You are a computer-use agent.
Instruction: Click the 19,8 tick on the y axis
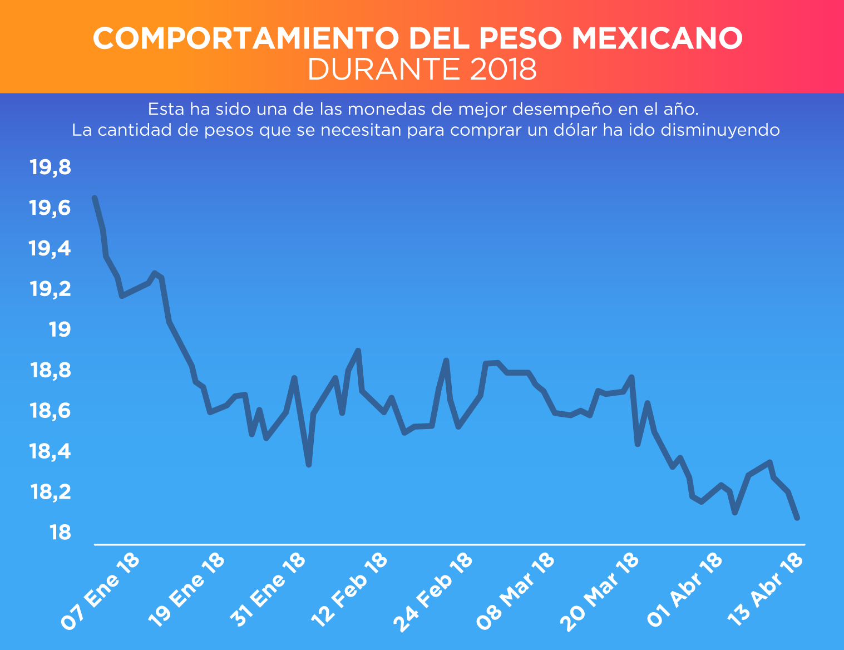pos(51,168)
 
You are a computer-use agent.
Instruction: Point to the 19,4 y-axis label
pos(51,249)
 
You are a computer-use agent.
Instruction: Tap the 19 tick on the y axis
pos(60,330)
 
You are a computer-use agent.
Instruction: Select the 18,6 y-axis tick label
pos(51,411)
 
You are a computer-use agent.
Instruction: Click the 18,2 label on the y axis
pos(51,493)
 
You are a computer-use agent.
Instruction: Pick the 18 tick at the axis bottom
pos(60,533)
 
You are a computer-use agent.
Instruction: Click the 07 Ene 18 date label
pos(100,592)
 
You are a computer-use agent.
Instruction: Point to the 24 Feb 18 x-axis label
pos(433,592)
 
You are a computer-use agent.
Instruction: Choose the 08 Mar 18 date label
pos(516,592)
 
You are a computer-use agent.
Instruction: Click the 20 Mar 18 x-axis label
pos(600,592)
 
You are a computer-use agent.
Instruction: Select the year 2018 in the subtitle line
pos(503,70)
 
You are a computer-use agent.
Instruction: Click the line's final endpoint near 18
pos(797,518)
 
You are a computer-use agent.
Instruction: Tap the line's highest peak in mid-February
pos(358,351)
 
